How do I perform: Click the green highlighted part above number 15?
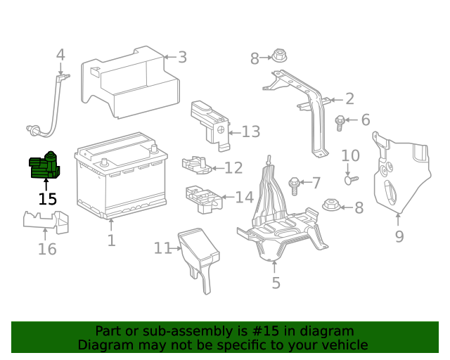pos(44,167)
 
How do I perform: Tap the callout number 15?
pos(47,199)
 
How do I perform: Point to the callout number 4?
pos(60,55)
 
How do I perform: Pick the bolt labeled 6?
pos(340,122)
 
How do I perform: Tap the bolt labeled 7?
pos(295,185)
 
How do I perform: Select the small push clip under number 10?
pos(349,179)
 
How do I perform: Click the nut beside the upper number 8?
pos(278,56)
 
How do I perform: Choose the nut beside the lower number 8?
pos(332,207)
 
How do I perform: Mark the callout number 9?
pos(399,237)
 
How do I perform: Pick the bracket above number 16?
pos(46,221)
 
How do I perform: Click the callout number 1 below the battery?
pos(111,241)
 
